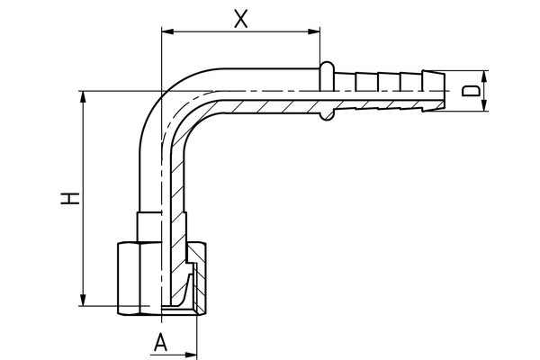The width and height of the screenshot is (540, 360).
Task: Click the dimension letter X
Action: tap(240, 18)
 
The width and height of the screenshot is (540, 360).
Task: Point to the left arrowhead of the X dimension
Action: tap(165, 32)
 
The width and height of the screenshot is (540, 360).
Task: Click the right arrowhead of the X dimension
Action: tap(316, 32)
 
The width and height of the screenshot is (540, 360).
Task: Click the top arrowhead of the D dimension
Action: tap(484, 76)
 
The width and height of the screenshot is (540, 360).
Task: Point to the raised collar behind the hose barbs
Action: tap(327, 90)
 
